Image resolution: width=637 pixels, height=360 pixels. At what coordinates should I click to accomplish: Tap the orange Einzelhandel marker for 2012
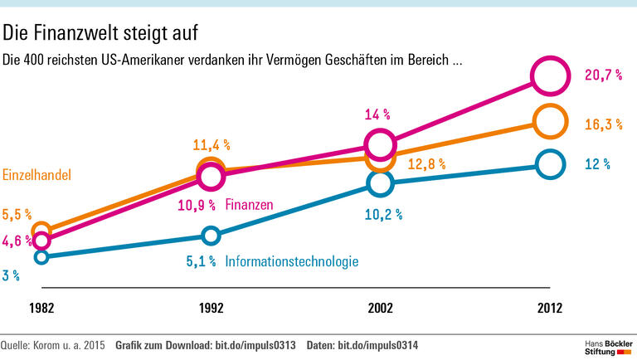click(550, 121)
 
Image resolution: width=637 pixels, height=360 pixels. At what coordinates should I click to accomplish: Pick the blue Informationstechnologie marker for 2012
click(550, 164)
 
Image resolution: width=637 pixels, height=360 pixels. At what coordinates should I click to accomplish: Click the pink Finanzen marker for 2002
click(380, 144)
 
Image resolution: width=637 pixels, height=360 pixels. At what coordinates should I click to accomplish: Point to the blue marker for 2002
click(380, 183)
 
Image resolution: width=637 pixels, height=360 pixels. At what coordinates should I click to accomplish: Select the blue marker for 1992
click(211, 236)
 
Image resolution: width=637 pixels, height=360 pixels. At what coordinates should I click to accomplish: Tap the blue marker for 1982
click(41, 256)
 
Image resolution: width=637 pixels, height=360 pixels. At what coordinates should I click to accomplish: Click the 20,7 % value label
click(603, 75)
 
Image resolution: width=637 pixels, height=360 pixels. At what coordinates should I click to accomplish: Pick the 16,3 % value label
click(603, 124)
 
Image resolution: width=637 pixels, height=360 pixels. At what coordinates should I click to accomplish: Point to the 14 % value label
click(377, 114)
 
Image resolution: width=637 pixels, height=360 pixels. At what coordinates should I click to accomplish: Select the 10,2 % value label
click(383, 214)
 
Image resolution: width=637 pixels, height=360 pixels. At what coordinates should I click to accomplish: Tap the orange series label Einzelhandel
click(36, 175)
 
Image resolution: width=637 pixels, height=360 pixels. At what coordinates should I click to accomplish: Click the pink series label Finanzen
click(249, 204)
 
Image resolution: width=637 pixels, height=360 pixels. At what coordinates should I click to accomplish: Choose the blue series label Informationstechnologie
click(292, 261)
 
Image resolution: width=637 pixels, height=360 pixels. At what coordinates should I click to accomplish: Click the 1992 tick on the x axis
click(211, 308)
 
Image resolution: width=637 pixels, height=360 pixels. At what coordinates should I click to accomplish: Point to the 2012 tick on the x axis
click(549, 308)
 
